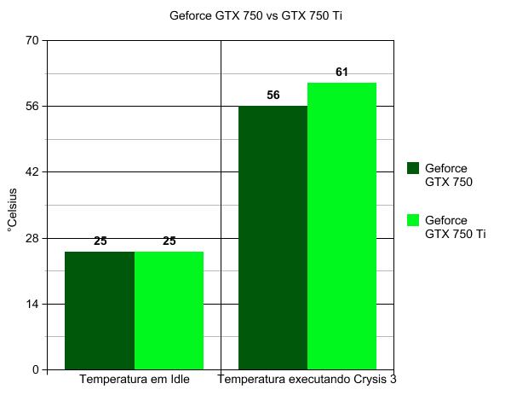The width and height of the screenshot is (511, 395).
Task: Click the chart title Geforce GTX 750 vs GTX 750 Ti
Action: (255, 15)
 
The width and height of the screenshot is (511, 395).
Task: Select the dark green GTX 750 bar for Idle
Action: (100, 311)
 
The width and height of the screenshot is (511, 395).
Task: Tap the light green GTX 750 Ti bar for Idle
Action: (169, 311)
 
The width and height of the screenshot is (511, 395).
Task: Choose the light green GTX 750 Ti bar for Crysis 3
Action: (342, 226)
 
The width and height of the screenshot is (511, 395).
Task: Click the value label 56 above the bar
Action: (273, 95)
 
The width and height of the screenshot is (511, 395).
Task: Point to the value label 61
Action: (342, 73)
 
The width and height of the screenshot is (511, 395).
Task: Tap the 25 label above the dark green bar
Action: (100, 241)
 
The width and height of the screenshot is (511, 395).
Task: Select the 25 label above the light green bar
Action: (169, 241)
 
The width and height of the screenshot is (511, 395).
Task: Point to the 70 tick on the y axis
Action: (33, 40)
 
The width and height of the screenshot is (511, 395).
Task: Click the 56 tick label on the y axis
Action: (33, 106)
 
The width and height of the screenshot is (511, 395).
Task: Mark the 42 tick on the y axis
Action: (33, 172)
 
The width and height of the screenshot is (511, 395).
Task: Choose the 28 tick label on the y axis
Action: (33, 238)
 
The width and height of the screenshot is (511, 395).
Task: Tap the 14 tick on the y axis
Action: (33, 304)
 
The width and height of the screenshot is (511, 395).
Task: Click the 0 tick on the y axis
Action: (37, 369)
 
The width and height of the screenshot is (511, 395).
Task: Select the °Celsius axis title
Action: (12, 205)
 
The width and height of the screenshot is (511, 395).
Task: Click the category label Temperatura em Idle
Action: (134, 379)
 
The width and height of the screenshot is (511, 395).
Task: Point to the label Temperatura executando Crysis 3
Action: (307, 379)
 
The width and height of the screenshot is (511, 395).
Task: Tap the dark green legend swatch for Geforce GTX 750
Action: (414, 168)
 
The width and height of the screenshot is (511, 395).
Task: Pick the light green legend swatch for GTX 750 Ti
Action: (414, 220)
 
